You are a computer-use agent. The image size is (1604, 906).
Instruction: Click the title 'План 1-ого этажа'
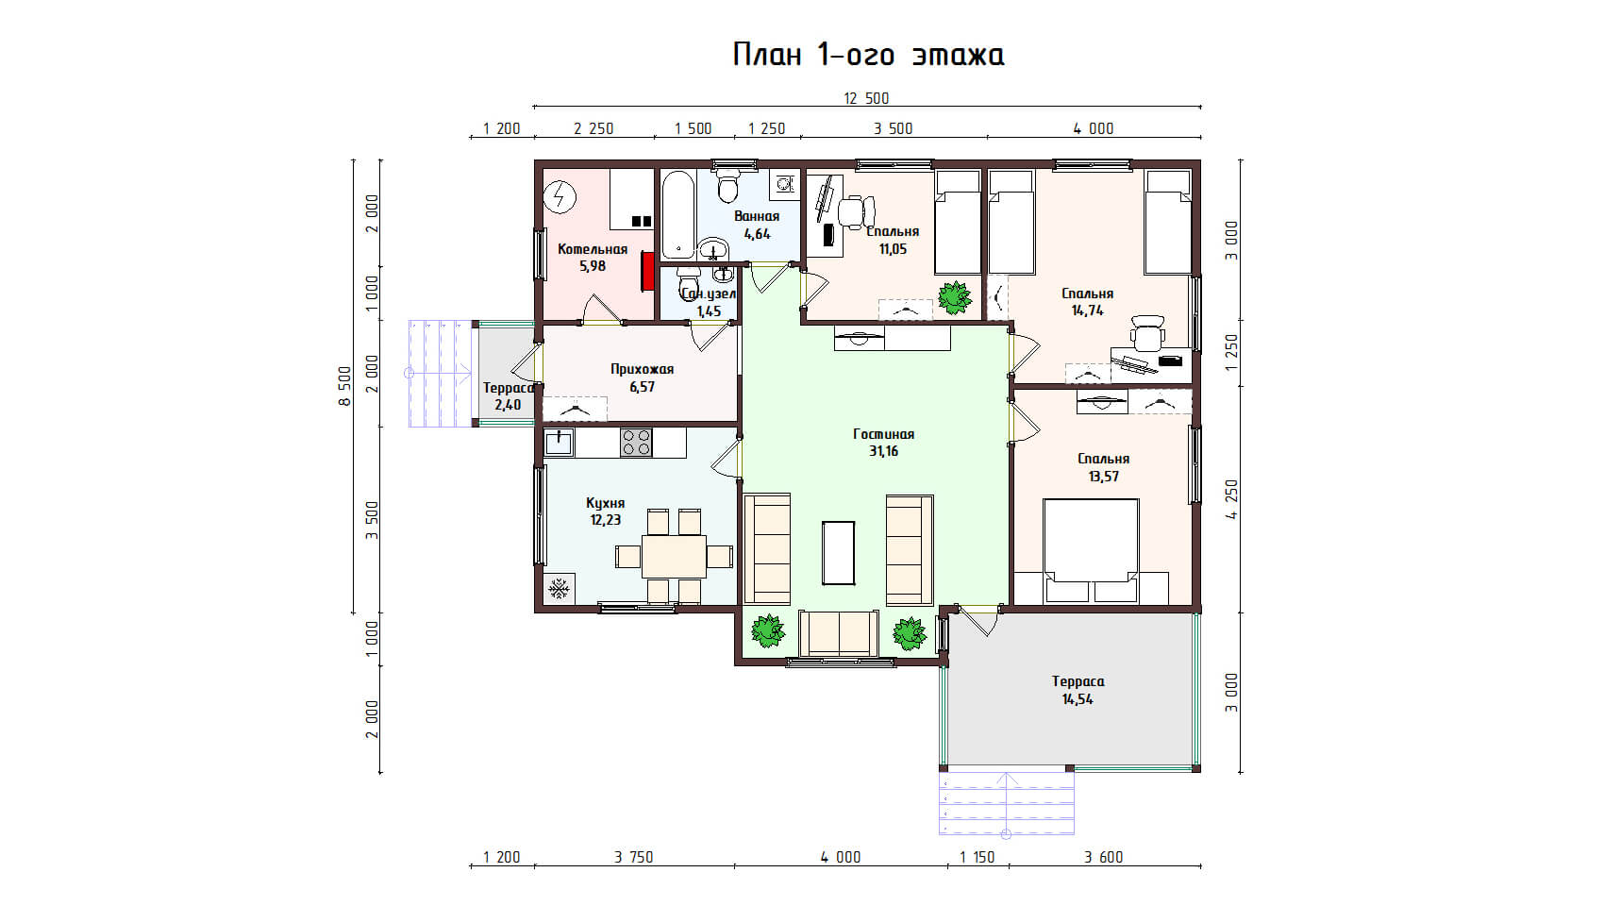click(x=868, y=55)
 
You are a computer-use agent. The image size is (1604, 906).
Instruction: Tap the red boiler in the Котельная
click(x=648, y=271)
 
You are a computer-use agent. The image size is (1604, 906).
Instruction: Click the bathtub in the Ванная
click(x=677, y=214)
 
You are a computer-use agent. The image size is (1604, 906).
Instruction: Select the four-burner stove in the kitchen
click(x=636, y=443)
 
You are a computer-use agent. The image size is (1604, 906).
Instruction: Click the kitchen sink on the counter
click(x=559, y=443)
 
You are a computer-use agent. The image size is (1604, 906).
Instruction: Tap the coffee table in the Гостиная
click(x=838, y=553)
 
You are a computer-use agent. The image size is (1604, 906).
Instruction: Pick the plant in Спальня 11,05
click(x=955, y=297)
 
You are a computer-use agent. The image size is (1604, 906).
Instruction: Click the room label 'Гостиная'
click(x=884, y=434)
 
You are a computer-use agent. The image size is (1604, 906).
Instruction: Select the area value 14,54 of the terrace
click(x=1078, y=699)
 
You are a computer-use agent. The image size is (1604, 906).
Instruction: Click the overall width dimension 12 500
click(x=866, y=98)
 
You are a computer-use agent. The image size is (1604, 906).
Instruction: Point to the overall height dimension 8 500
click(x=345, y=387)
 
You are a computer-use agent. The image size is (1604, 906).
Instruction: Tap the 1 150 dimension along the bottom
click(x=977, y=857)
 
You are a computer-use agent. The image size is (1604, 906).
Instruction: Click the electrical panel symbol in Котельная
click(x=560, y=195)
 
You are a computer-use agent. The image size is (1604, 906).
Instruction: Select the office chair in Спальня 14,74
click(x=1147, y=333)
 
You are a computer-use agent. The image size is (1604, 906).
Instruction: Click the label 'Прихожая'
click(x=643, y=370)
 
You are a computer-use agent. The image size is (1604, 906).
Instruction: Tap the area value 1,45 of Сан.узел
click(x=709, y=310)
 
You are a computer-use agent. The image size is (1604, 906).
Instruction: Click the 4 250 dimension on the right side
click(x=1231, y=499)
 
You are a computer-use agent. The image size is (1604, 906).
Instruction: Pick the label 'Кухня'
click(x=605, y=503)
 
